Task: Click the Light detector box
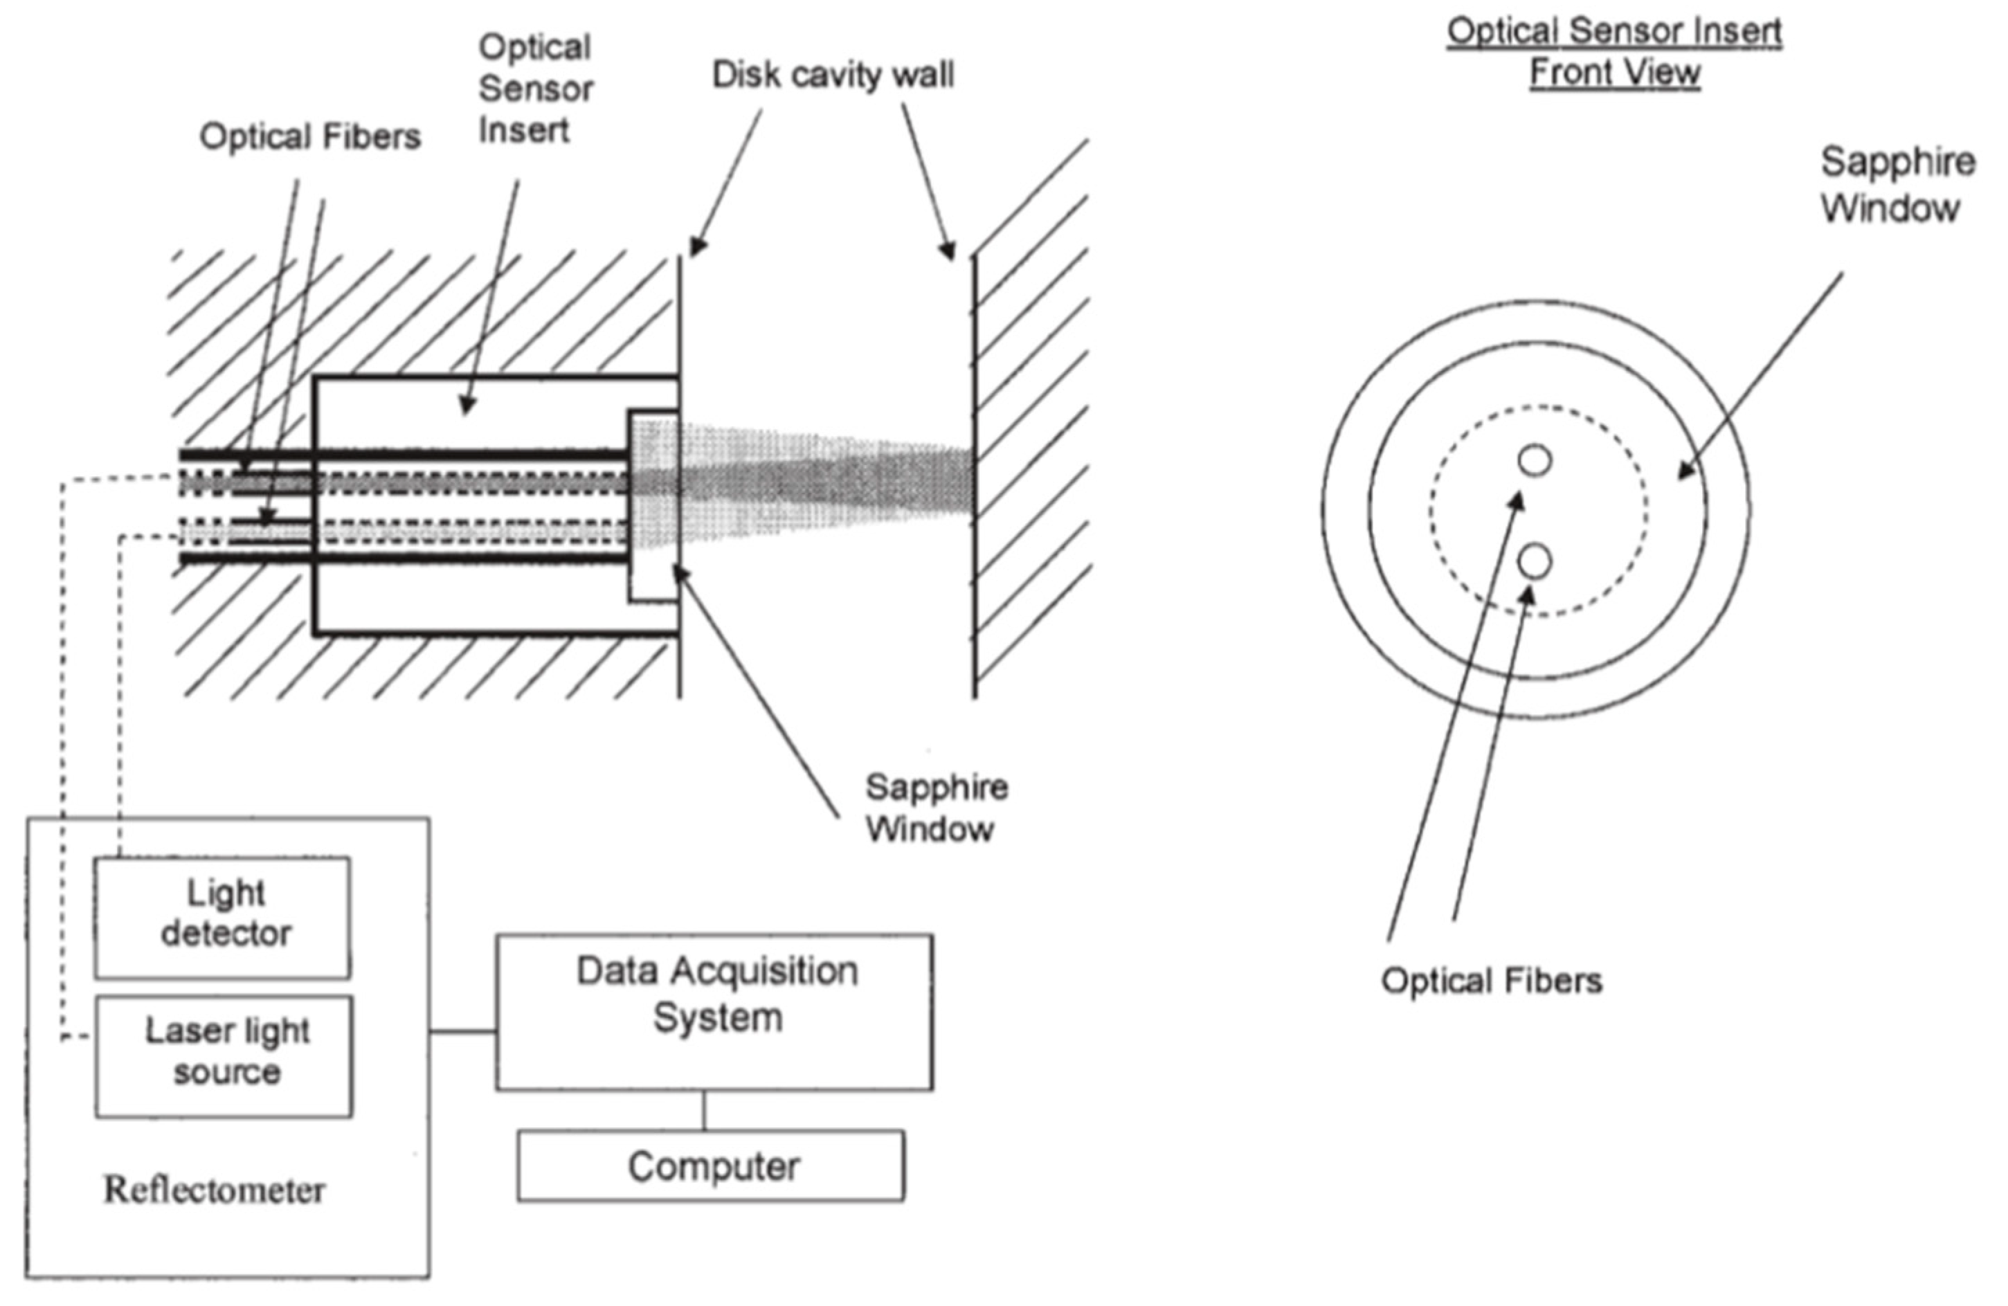pyautogui.click(x=222, y=917)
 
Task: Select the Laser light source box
pyautogui.click(x=224, y=1056)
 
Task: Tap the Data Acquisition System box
pyautogui.click(x=714, y=1010)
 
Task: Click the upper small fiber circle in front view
pyautogui.click(x=1534, y=461)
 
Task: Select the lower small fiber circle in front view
pyautogui.click(x=1534, y=561)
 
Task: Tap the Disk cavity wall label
pyautogui.click(x=833, y=75)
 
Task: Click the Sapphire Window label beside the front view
pyautogui.click(x=1896, y=184)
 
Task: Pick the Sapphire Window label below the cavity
pyautogui.click(x=935, y=808)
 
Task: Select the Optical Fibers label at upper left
pyautogui.click(x=309, y=136)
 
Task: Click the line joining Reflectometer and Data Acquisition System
pyautogui.click(x=462, y=1031)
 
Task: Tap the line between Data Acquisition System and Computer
pyautogui.click(x=704, y=1109)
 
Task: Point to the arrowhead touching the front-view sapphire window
pyautogui.click(x=1685, y=473)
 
